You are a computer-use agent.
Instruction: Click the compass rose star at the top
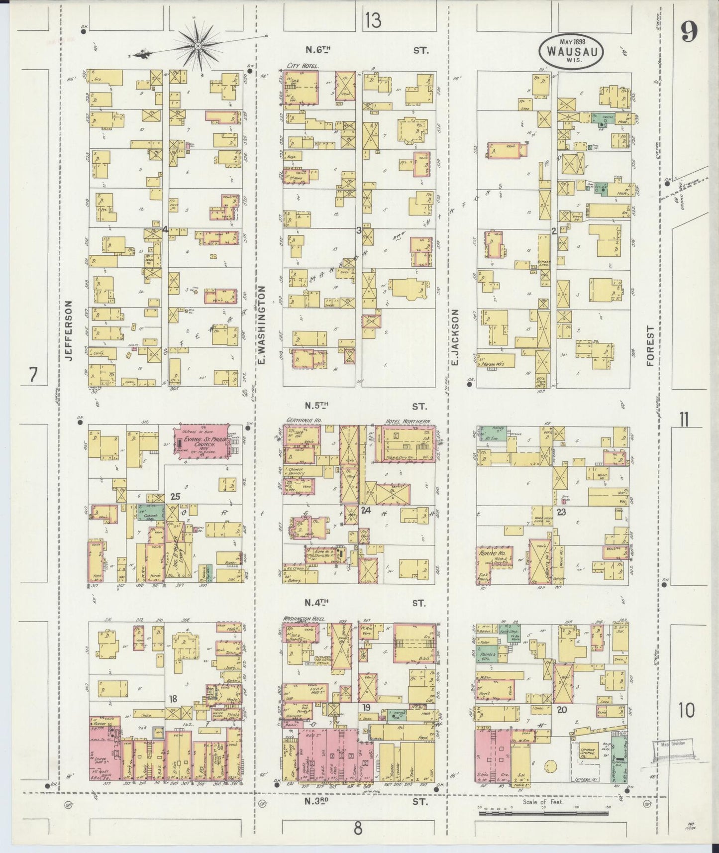[x=198, y=46]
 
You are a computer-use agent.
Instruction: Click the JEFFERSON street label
[x=69, y=329]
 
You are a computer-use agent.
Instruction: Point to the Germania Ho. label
[x=304, y=421]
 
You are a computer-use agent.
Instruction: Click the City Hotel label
[x=303, y=65]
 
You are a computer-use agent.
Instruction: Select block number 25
[x=174, y=496]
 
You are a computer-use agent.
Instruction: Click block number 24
[x=366, y=510]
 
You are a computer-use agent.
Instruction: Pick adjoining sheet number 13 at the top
[x=372, y=21]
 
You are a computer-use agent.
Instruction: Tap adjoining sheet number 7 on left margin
[x=33, y=374]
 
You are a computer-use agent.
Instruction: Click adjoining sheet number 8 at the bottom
[x=358, y=829]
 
